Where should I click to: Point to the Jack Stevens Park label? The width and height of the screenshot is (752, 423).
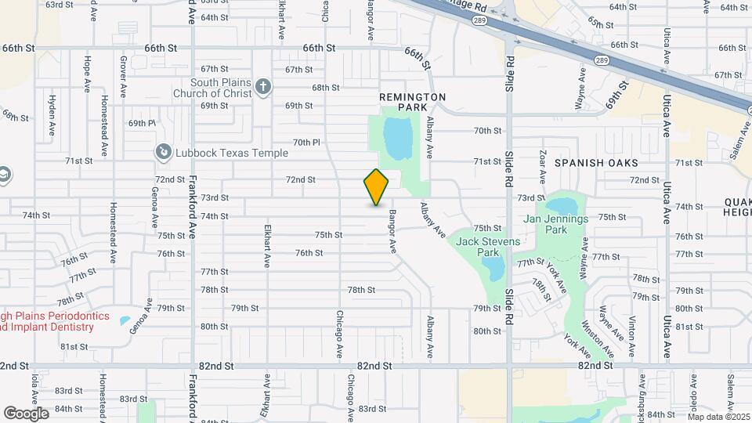tap(489, 247)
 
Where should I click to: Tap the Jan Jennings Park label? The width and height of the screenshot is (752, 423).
tap(556, 225)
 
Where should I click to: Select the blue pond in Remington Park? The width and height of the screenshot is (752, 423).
tap(398, 137)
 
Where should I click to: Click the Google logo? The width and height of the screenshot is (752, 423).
tap(26, 413)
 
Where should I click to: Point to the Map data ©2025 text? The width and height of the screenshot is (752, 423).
tap(718, 417)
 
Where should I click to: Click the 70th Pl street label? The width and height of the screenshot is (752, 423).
tap(307, 142)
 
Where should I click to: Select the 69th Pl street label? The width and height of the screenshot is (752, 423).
tap(143, 123)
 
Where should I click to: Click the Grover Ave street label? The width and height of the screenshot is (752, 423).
tap(123, 76)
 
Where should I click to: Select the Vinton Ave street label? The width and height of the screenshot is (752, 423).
tap(631, 330)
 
